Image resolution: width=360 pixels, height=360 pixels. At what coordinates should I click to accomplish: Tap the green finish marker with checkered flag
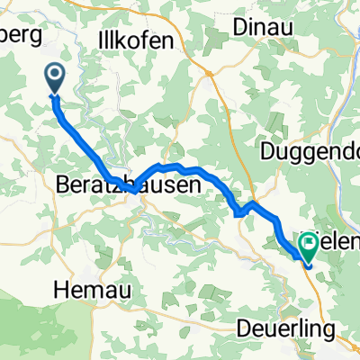point(310,242)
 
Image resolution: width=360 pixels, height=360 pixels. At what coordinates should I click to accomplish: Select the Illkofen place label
point(140,40)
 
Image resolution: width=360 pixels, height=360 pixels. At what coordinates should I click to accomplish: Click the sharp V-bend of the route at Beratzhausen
point(132,190)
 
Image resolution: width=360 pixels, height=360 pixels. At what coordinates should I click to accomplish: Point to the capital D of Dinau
point(238,27)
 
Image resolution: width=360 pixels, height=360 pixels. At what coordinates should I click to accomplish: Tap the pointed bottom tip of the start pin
point(56,94)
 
